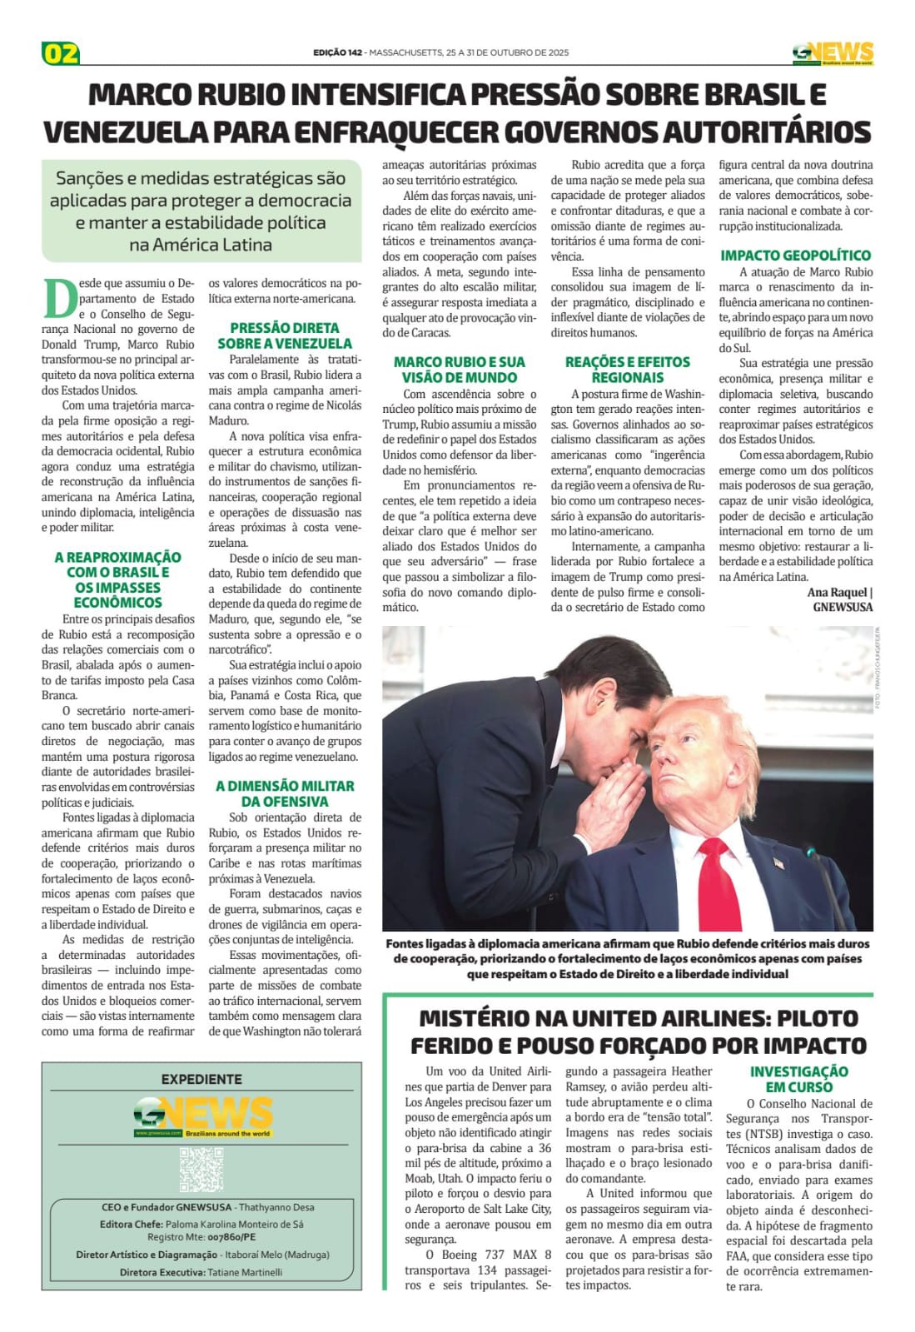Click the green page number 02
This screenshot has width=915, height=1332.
pyautogui.click(x=61, y=53)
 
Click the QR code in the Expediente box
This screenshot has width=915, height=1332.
pyautogui.click(x=201, y=1170)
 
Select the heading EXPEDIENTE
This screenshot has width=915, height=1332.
pyautogui.click(x=201, y=1079)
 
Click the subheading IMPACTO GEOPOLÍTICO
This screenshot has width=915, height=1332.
pyautogui.click(x=795, y=256)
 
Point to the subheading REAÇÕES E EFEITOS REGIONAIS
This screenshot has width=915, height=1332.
pyautogui.click(x=628, y=370)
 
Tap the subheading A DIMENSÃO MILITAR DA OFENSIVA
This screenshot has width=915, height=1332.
pyautogui.click(x=285, y=793)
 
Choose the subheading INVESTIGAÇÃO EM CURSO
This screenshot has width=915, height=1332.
pyautogui.click(x=798, y=1079)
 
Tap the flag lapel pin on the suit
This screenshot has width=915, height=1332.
pyautogui.click(x=778, y=863)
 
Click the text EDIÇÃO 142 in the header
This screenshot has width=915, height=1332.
pyautogui.click(x=337, y=52)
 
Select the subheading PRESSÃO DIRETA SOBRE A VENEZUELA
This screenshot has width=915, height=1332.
pyautogui.click(x=285, y=335)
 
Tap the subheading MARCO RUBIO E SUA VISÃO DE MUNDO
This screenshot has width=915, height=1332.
pyautogui.click(x=460, y=370)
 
